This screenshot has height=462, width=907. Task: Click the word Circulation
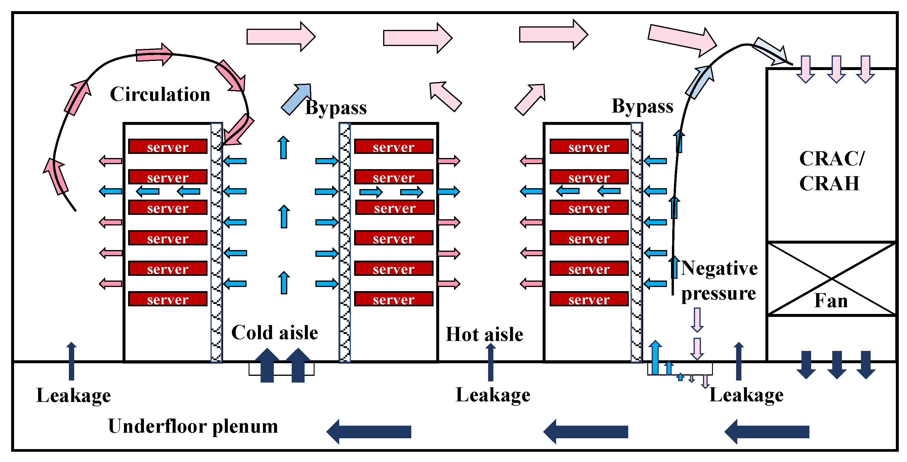click(160, 94)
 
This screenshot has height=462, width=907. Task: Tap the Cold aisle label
click(275, 332)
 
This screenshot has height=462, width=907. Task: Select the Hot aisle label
click(485, 334)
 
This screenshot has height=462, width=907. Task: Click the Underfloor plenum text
click(193, 427)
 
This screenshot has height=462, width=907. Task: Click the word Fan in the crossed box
click(831, 301)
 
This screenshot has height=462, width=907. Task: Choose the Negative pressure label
click(719, 281)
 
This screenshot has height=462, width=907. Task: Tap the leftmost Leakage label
click(74, 396)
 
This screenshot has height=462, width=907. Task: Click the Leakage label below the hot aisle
click(493, 395)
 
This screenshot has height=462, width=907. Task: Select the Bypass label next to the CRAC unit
click(643, 106)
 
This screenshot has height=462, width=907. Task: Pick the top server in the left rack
click(168, 147)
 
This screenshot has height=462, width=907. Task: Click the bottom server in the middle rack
click(394, 299)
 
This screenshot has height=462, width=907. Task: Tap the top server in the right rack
click(589, 147)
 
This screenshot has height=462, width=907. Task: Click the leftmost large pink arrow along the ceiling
click(281, 37)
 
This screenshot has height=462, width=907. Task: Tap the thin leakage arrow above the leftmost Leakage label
click(72, 361)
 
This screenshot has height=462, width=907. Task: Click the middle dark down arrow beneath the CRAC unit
click(837, 365)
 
